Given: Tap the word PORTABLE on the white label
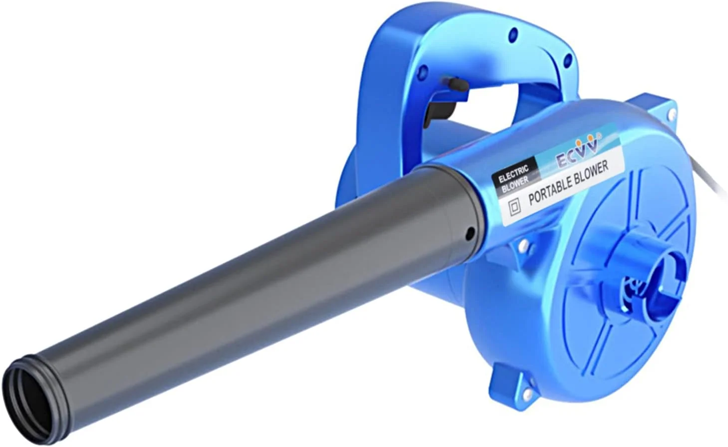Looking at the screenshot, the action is pos(549,190).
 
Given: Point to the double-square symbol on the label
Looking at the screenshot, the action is pos(514,206).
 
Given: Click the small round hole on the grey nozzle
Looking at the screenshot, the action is pos(470,233).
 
